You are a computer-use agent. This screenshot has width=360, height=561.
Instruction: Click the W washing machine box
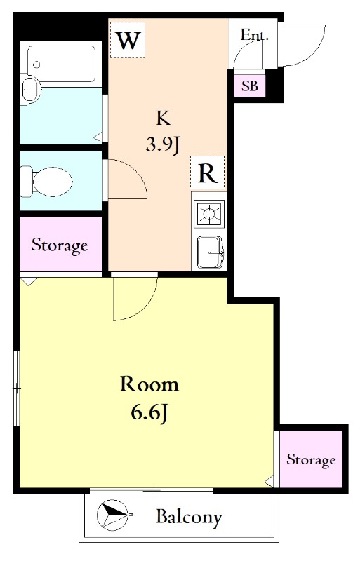(128, 39)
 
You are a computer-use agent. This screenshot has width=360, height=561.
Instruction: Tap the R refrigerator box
(208, 173)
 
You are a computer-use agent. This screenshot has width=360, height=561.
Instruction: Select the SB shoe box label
(250, 86)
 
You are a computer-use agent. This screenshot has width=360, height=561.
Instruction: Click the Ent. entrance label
(254, 35)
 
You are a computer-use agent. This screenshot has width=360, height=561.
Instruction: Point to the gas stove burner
(209, 214)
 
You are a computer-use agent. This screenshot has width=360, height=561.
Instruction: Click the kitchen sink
(211, 252)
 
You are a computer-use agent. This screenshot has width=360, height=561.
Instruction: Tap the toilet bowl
(46, 181)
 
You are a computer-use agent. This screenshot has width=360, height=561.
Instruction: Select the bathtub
(61, 64)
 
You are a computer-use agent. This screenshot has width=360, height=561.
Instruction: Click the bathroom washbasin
(31, 90)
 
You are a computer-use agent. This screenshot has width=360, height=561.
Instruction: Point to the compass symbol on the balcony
(113, 515)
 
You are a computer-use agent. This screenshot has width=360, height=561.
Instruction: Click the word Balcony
(189, 518)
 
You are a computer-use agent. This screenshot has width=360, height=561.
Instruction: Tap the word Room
(149, 384)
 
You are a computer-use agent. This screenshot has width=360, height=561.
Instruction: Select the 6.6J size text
(149, 414)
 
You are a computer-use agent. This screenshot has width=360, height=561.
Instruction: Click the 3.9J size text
(163, 145)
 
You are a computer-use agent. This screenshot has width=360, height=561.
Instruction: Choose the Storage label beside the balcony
(311, 460)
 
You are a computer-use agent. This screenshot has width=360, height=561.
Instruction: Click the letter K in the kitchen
(163, 118)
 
